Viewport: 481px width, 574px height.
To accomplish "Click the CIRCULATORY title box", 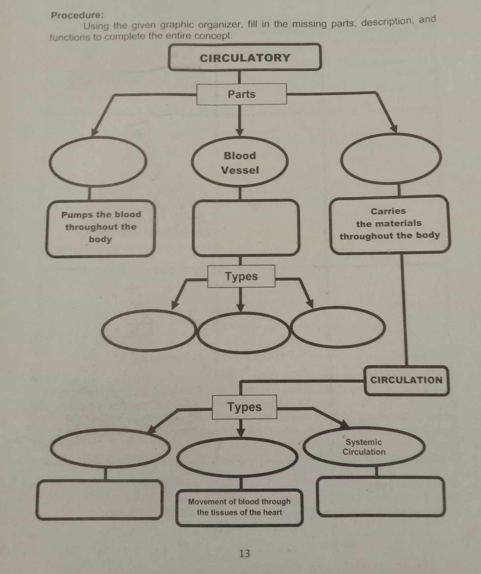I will coord(244,57).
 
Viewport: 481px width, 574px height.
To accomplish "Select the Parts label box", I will coord(241,94).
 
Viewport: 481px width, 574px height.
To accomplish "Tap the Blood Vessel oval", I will coord(240,163).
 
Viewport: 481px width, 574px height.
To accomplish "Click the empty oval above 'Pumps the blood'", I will coord(98,162).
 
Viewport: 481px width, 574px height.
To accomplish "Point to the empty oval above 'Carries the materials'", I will coord(391,158).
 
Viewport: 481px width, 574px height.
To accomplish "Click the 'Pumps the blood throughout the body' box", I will coord(100,228).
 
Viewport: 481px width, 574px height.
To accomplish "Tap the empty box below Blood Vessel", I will coord(246,228).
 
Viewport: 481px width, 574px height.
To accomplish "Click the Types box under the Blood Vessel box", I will coord(241,276).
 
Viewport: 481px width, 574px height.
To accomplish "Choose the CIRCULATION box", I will coord(406,380).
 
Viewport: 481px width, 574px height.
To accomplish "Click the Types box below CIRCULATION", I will coord(244,407).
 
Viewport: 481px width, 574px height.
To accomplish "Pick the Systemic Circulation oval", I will coord(364,447).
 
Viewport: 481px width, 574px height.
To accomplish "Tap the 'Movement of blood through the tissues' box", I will coord(240,507).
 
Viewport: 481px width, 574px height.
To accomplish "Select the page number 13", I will coord(244,553).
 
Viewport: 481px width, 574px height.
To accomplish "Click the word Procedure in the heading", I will coord(77,15).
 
